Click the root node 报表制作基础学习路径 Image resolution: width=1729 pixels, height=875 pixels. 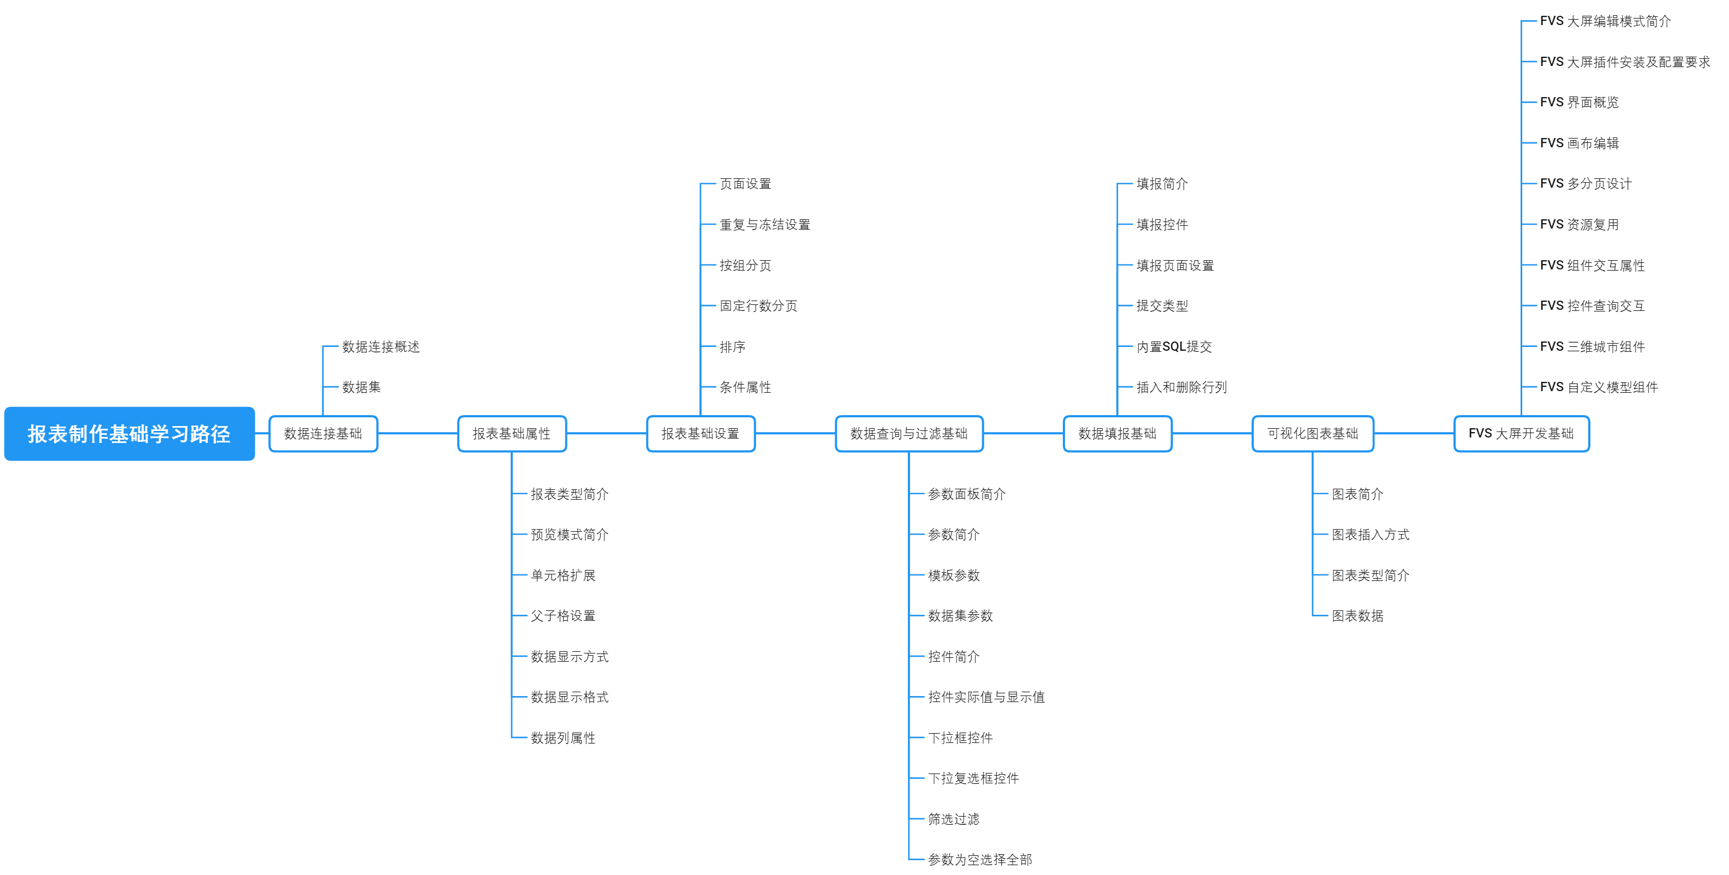pos(129,434)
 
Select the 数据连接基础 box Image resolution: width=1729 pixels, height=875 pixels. pos(323,434)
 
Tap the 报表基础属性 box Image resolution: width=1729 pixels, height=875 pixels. pos(511,434)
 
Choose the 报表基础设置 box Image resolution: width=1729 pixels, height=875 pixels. pos(700,434)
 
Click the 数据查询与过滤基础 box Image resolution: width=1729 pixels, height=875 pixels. pos(909,434)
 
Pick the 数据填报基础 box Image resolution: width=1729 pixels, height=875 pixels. pos(1117,434)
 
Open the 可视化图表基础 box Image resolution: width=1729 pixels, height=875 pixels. pos(1312,434)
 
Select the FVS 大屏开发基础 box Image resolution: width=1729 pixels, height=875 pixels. pos(1521,434)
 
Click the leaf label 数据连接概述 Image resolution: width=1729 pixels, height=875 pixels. pos(381,347)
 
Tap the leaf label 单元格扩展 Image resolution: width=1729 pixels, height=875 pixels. pos(563,575)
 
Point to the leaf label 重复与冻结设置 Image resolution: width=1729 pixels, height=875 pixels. pos(764,225)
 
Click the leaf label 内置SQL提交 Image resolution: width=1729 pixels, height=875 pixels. pos(1174,347)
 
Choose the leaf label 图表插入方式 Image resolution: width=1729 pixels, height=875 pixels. pos(1370,535)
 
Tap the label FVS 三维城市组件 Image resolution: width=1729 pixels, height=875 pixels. pos(1592,347)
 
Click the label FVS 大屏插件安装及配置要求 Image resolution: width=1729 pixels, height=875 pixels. pos(1624,62)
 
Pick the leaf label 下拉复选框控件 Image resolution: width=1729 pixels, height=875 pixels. pos(973,778)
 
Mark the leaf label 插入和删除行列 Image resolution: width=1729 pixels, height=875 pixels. pos(1181,387)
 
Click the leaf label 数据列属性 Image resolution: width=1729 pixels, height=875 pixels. pos(563,738)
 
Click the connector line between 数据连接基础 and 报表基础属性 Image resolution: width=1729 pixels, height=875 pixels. pos(417,434)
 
